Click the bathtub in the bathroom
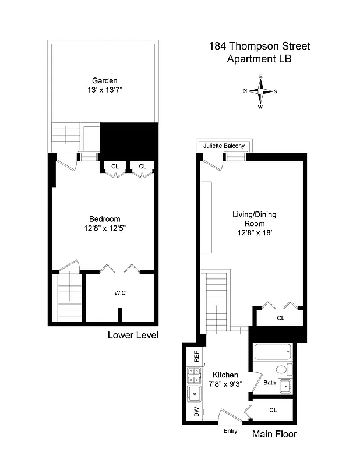click(x=273, y=351)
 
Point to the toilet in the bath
click(x=282, y=369)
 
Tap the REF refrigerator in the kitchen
click(x=196, y=356)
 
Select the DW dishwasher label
click(x=196, y=412)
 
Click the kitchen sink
click(x=194, y=394)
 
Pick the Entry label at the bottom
click(x=231, y=432)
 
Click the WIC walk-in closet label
click(x=120, y=293)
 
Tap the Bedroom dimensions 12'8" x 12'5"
click(x=105, y=228)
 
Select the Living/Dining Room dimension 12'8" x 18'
click(x=255, y=232)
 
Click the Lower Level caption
click(x=133, y=336)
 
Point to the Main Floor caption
click(x=274, y=435)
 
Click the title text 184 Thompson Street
click(x=260, y=47)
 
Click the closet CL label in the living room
click(x=280, y=318)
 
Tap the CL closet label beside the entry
click(x=273, y=410)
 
